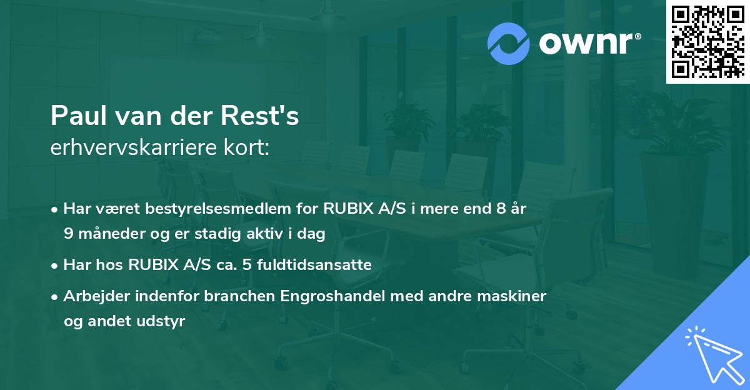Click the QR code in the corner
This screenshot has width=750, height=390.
(x=707, y=41)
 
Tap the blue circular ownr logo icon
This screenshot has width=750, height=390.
(x=509, y=43)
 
